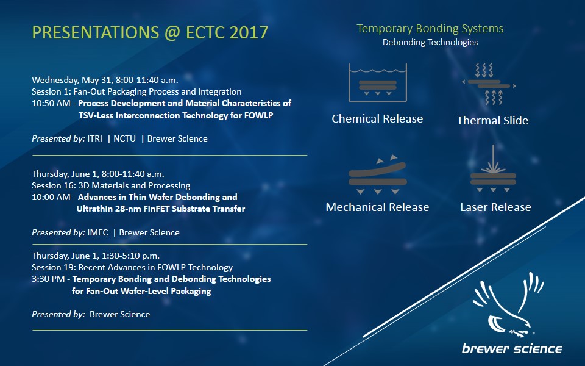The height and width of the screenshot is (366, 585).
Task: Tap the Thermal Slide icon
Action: (489, 84)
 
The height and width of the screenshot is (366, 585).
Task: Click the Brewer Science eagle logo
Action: (508, 304)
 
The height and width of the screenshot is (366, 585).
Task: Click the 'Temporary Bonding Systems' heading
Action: (430, 29)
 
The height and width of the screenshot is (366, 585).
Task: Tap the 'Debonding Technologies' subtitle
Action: (430, 42)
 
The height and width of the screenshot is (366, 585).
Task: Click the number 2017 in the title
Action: (249, 32)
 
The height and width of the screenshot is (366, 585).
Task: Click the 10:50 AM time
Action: (51, 104)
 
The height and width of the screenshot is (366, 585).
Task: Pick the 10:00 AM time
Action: (51, 197)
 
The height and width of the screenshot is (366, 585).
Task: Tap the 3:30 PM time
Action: (48, 279)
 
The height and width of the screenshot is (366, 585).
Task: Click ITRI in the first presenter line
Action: (95, 138)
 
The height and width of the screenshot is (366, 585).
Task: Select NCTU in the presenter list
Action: (124, 138)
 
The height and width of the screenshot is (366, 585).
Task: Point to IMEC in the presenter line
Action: (97, 232)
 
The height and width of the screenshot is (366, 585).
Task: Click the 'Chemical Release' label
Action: (377, 119)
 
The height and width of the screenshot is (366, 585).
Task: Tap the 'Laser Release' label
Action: (495, 207)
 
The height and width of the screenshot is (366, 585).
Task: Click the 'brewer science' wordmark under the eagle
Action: (512, 349)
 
